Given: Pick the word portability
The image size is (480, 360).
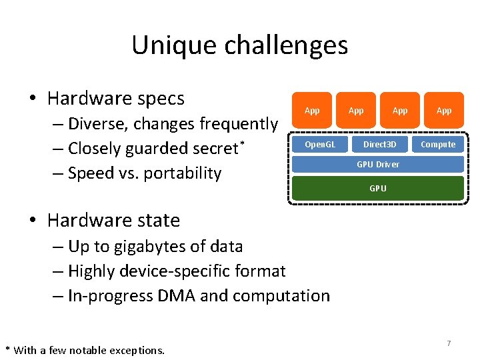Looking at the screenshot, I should [x=182, y=173].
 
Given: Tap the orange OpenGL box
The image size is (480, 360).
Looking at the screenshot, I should [x=320, y=145].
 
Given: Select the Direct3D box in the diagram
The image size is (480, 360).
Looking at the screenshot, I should [x=379, y=145].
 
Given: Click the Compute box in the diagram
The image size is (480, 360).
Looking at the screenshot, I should [x=438, y=145].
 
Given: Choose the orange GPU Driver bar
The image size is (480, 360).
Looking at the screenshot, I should [x=378, y=165].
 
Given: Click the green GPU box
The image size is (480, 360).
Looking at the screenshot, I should [x=378, y=188].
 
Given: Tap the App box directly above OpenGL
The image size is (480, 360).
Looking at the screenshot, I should [x=312, y=111].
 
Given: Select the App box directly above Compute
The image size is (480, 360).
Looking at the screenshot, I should [x=443, y=111].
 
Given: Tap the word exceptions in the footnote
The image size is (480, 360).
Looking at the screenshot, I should [x=136, y=350].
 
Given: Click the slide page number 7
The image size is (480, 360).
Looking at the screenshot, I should [x=449, y=343].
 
